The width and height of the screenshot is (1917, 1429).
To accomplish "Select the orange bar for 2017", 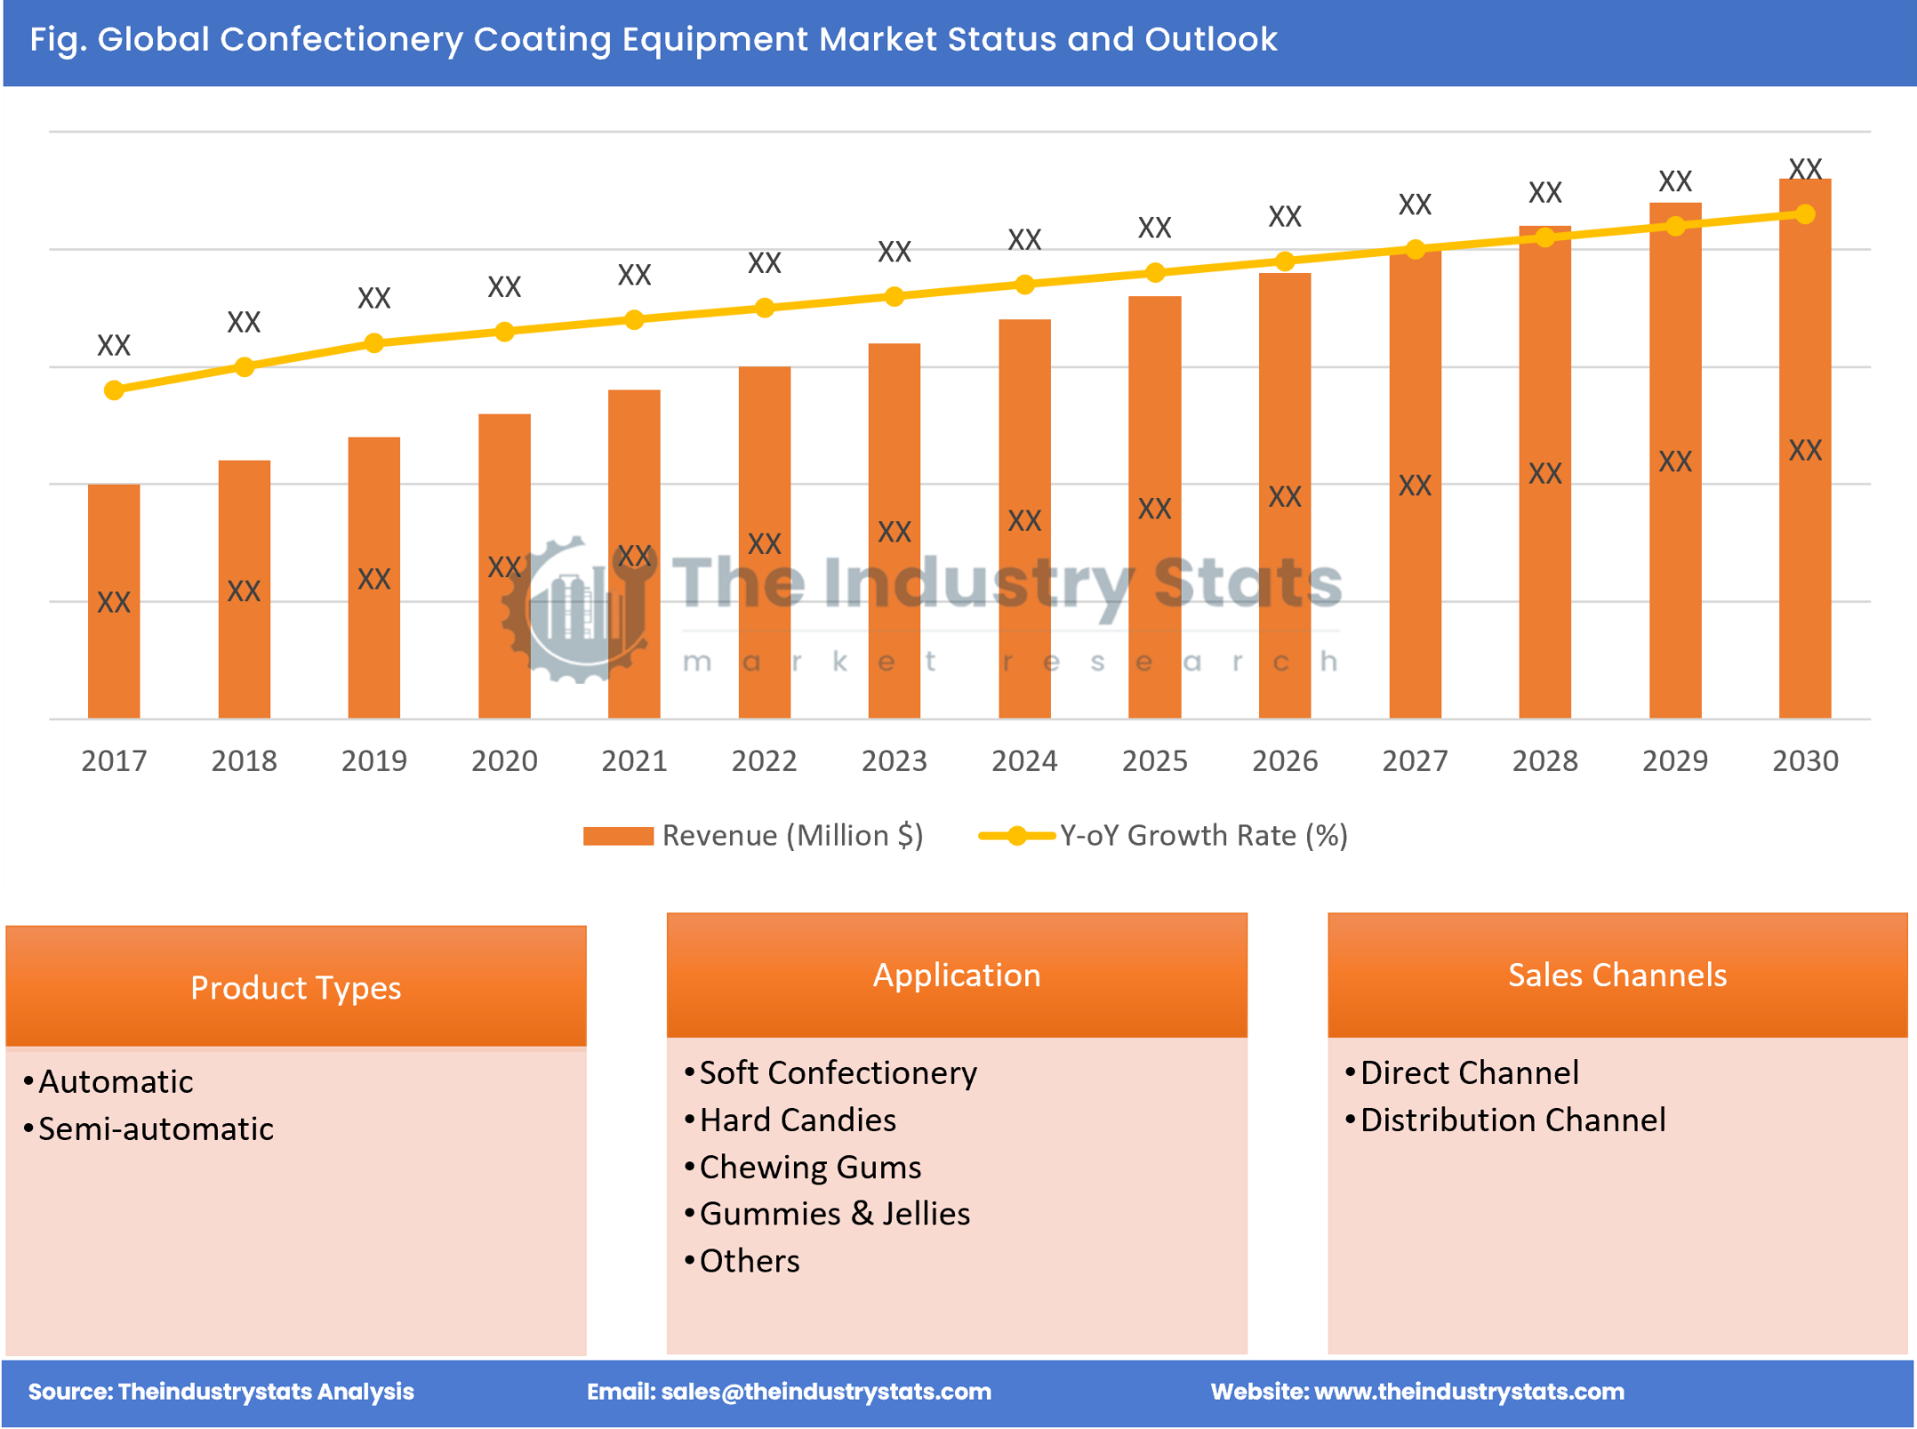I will pos(114,600).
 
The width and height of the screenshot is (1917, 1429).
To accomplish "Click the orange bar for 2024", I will pos(1024,518).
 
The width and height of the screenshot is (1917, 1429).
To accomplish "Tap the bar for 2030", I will pos(1804,448).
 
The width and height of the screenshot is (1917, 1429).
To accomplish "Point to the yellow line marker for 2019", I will pos(374,343).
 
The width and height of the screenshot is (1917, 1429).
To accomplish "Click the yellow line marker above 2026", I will pos(1284,261).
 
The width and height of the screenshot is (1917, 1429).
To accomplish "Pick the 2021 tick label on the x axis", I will pos(634,760).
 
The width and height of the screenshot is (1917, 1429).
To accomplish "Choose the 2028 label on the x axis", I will pos(1544,760).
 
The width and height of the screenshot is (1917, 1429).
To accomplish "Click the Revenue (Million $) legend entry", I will pos(790,835).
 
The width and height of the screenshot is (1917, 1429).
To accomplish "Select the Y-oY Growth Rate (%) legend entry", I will pos(1202,835).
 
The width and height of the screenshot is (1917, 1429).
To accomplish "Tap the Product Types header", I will pos(295,987).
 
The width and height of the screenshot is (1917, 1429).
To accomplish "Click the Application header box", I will pos(956,975).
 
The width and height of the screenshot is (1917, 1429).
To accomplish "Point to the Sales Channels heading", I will pos(1616,975).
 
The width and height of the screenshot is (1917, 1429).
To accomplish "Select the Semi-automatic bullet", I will pos(156,1128).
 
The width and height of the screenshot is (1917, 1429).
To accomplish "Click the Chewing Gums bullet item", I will pos(810,1167).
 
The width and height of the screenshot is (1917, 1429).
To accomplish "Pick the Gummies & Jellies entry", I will pos(834,1214).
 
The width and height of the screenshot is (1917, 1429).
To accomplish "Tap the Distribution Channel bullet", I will pos(1512,1120).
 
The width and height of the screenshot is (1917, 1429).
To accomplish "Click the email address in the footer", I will pos(825,1391).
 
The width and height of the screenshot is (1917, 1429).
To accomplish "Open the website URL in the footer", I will pos(1468,1391).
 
